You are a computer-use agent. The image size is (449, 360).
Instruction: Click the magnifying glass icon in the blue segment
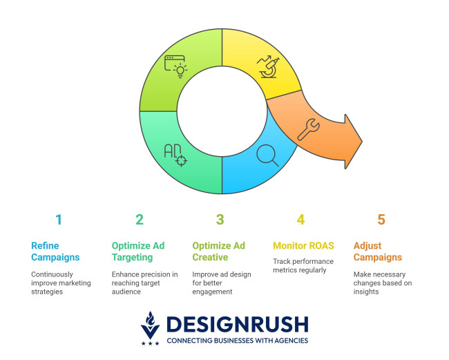click(x=267, y=154)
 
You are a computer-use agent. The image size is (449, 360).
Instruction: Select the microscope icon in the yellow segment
click(x=267, y=66)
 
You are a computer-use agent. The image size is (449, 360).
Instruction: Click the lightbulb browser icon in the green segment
click(x=176, y=66)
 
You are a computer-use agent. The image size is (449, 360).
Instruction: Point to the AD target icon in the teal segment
click(x=175, y=155)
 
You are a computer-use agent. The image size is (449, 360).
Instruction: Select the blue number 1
click(x=59, y=220)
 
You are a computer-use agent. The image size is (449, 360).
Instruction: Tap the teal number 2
click(x=140, y=220)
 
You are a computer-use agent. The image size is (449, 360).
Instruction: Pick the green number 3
click(x=220, y=220)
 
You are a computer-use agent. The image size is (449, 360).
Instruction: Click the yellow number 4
click(x=300, y=220)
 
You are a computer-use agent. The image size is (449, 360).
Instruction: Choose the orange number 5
click(x=381, y=220)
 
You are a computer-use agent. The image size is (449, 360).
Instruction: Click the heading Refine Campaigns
click(x=55, y=252)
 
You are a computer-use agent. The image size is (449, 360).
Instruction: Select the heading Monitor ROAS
click(x=303, y=245)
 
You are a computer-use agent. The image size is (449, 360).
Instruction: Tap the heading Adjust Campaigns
click(x=377, y=252)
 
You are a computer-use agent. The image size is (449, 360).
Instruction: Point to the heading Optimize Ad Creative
click(x=218, y=252)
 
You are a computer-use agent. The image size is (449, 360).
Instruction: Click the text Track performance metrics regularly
click(x=303, y=266)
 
